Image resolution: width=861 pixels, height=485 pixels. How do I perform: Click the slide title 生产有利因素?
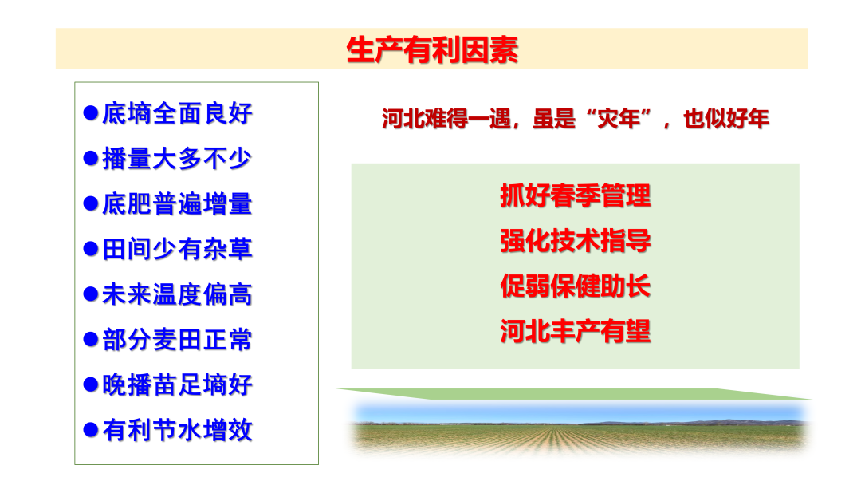click(x=432, y=49)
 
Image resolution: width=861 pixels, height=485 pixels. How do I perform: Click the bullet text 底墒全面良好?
click(x=177, y=113)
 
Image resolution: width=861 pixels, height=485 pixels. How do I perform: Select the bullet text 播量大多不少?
click(x=177, y=159)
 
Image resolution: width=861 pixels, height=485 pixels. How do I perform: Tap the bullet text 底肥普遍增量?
click(x=177, y=204)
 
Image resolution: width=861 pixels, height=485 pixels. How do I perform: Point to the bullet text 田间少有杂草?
click(x=177, y=250)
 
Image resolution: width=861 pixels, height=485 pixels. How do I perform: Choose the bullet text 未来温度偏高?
click(x=177, y=295)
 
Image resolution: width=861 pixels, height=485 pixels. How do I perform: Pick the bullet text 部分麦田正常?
click(x=177, y=341)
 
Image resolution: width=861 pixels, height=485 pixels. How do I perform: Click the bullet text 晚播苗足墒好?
click(x=177, y=385)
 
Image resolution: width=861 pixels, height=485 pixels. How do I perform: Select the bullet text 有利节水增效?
click(x=177, y=431)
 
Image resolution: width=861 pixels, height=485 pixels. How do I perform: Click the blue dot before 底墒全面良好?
click(x=91, y=112)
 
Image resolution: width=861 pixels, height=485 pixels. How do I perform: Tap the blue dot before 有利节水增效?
click(x=91, y=430)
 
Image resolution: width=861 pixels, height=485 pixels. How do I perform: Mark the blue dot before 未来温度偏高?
click(x=91, y=294)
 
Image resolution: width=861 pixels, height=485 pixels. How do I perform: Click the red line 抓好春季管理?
click(x=575, y=195)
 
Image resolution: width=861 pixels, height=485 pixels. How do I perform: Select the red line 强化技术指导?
click(x=575, y=241)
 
